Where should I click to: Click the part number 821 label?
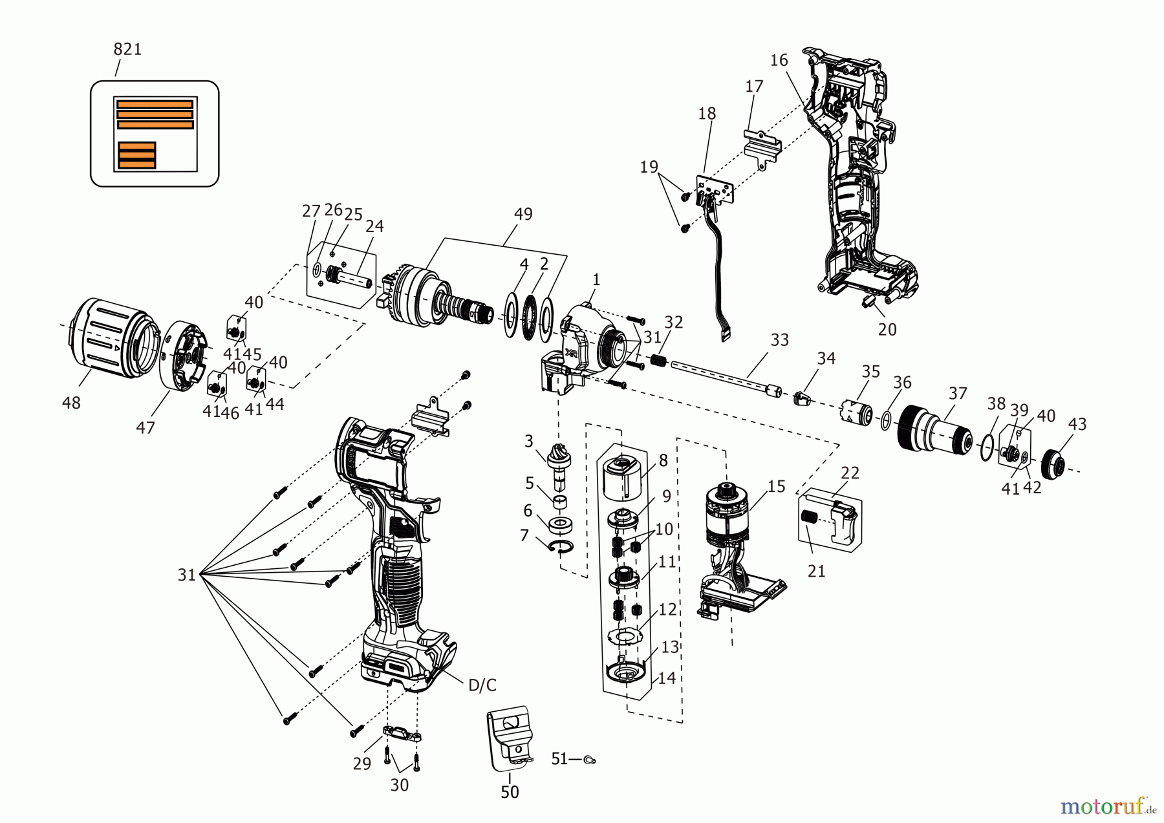(x=127, y=49)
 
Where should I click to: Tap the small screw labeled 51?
(x=589, y=760)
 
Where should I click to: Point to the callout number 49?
(x=523, y=214)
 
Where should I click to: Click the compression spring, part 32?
(x=658, y=360)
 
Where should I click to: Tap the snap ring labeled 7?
(x=561, y=547)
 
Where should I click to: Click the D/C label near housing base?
(x=482, y=685)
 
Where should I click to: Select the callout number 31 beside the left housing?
(x=187, y=574)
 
